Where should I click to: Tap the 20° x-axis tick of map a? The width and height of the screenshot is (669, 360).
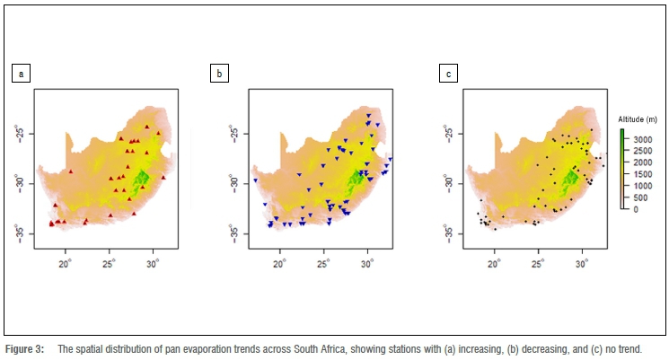point(65,264)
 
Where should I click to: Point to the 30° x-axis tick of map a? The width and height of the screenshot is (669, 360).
point(152,264)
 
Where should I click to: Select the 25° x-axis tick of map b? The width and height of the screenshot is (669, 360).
point(323,264)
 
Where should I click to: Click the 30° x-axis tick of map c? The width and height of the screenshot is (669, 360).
point(581,264)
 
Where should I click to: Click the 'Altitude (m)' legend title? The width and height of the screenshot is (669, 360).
point(638,119)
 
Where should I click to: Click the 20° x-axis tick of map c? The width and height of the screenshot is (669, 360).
point(494,264)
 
